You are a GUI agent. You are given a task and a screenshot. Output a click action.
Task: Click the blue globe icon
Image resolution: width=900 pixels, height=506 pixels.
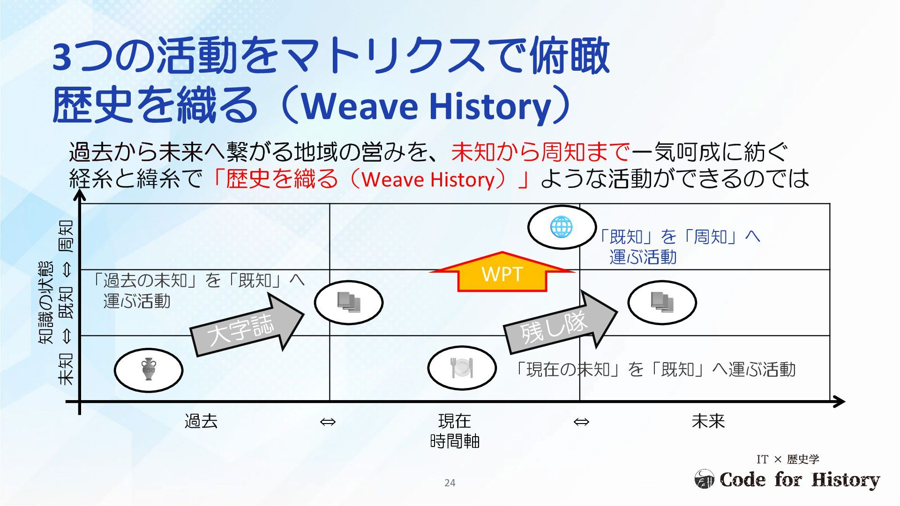click(561, 228)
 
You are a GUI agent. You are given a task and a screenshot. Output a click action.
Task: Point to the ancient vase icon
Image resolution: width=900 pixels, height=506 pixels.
click(149, 370)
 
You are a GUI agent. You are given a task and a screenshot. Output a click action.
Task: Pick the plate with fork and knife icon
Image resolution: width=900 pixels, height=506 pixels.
click(462, 368)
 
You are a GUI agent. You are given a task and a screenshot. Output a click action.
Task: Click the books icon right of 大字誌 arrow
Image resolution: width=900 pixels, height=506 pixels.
click(349, 303)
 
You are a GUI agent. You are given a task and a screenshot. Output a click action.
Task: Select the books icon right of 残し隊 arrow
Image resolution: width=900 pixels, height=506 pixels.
click(662, 302)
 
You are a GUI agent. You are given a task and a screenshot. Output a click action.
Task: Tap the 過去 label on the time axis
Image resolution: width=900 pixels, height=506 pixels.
click(201, 421)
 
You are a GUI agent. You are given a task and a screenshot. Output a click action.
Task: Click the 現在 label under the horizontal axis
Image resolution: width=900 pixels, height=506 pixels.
click(454, 421)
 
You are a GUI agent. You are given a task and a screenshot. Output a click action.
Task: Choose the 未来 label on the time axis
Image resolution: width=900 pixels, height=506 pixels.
click(708, 421)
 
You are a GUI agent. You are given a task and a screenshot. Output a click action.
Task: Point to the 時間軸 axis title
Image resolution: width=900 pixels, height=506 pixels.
click(454, 441)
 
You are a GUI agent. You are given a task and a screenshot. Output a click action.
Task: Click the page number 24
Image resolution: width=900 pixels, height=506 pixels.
click(450, 483)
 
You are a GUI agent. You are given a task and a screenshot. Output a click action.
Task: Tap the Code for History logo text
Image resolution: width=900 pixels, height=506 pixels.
click(799, 480)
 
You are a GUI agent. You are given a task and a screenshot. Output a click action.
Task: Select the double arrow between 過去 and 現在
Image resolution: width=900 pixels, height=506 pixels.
click(328, 422)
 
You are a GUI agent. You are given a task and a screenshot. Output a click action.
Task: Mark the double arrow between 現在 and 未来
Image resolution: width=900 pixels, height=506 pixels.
click(581, 422)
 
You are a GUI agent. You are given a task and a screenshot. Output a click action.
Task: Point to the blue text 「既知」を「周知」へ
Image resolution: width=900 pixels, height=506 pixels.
click(680, 237)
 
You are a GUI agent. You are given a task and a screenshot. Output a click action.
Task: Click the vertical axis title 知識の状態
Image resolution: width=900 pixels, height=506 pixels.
click(46, 303)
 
